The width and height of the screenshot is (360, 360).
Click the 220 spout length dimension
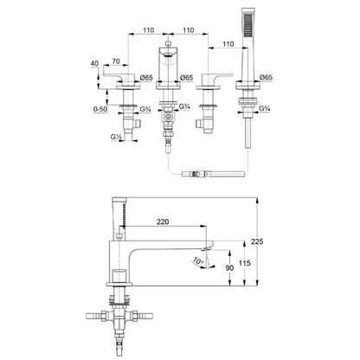pos(163,222)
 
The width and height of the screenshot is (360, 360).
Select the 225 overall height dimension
pos(257,241)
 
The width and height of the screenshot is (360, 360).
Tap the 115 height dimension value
pos(245,263)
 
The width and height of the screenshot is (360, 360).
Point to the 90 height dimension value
pos(229,268)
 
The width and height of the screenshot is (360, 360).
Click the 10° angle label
pos(198,261)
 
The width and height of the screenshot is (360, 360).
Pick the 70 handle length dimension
pos(116,61)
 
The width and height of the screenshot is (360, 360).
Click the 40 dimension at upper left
pos(94,63)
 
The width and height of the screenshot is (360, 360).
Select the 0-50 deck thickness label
pos(100,109)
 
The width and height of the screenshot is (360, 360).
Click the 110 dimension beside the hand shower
pos(228,44)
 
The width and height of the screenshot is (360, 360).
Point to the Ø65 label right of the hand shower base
pos(266,77)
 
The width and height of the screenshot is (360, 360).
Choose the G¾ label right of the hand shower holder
pos(264,108)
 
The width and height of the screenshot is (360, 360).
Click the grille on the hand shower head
pos(247,25)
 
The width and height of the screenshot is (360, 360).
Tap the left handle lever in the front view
pos(119,77)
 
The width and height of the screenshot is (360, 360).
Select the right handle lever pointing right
pos(217,77)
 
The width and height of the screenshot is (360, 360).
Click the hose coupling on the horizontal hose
pos(196,174)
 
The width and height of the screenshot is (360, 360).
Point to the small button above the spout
pos(168,43)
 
